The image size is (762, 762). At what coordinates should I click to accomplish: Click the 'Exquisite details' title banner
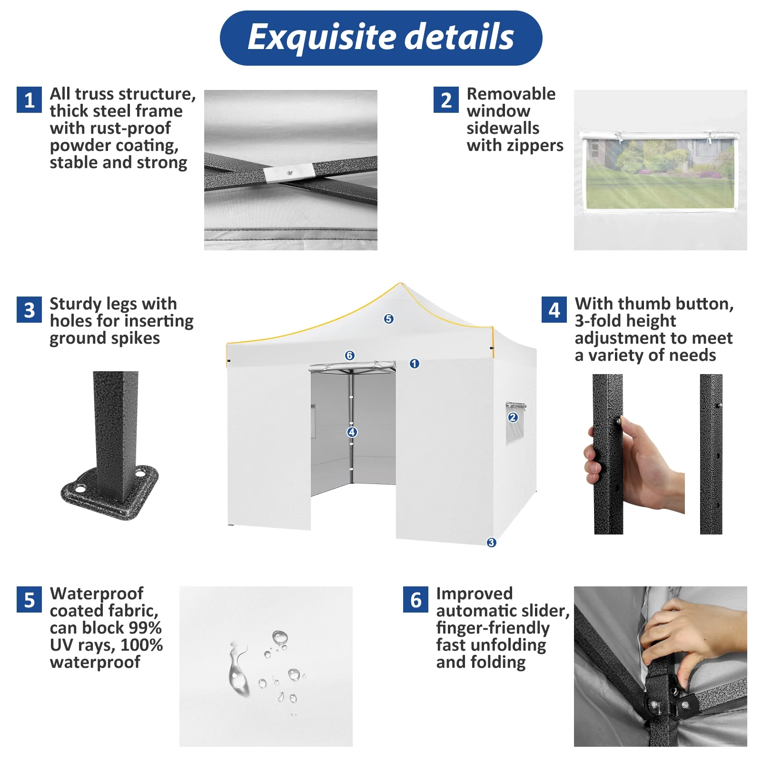click(x=381, y=38)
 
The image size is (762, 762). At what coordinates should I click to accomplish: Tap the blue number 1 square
click(x=30, y=100)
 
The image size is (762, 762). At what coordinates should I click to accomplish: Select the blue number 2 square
click(x=446, y=100)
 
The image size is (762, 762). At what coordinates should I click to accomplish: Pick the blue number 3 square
click(x=30, y=310)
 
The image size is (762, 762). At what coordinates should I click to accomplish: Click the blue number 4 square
click(x=554, y=310)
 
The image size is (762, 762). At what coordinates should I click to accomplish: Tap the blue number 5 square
click(x=30, y=600)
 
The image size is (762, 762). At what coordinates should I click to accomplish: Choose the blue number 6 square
click(x=416, y=600)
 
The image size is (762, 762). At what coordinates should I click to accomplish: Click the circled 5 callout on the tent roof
click(x=389, y=319)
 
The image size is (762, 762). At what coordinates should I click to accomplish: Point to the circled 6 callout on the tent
click(x=350, y=356)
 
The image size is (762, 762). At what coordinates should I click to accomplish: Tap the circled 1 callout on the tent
click(x=415, y=364)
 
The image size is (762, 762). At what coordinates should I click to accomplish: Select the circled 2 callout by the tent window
click(x=513, y=417)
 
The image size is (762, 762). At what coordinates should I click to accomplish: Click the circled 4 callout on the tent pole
click(x=352, y=432)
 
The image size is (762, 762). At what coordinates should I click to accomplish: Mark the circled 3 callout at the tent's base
click(x=491, y=543)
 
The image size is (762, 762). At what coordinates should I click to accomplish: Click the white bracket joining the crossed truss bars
click(x=289, y=173)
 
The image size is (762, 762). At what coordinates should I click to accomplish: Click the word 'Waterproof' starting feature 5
click(x=97, y=594)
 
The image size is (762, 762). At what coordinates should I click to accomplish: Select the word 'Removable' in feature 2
click(x=511, y=94)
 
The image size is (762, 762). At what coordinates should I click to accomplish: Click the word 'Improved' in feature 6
click(x=475, y=594)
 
